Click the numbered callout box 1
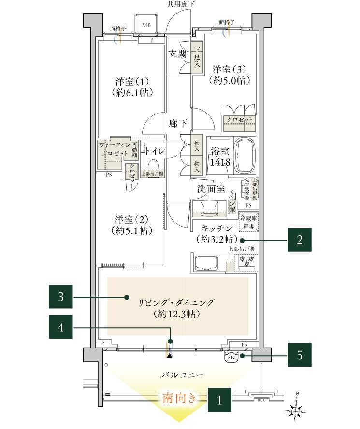pos(219,400)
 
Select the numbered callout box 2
pos(300,240)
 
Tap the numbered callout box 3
pos(61,297)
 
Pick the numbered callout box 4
pos(61,327)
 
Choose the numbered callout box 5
pos(300,355)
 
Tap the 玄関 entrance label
pos(178,54)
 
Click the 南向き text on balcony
pos(180,399)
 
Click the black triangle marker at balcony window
pos(170,355)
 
